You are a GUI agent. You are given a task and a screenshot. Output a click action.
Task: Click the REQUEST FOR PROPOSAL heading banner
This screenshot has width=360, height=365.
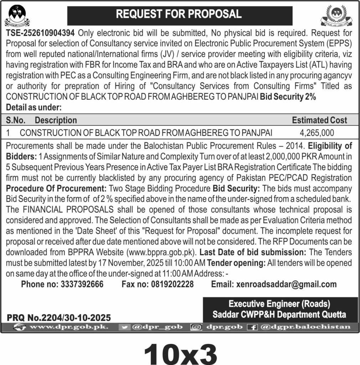pos(179,14)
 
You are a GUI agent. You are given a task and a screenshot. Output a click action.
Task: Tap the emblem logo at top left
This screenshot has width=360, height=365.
pos(17,16)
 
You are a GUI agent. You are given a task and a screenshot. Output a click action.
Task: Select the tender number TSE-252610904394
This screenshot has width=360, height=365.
pos(40,34)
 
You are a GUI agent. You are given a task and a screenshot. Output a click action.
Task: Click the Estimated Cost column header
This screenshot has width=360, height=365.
pos(319,120)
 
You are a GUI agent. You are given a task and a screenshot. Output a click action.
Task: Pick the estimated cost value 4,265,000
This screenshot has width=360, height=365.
pos(317,133)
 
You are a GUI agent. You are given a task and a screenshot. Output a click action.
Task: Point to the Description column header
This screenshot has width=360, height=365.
pos(56,120)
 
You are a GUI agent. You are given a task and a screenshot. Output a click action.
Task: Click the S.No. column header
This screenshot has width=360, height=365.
pos(16,120)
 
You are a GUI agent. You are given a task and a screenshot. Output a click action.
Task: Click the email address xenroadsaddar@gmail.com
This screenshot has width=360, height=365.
pos(284,284)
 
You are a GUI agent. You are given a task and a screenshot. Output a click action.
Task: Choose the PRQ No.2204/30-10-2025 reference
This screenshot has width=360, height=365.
pos(59,317)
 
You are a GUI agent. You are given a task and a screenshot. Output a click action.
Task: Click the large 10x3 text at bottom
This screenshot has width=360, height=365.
pos(180,353)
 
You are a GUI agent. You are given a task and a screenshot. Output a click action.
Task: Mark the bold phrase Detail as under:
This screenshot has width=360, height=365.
pos(34,107)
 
